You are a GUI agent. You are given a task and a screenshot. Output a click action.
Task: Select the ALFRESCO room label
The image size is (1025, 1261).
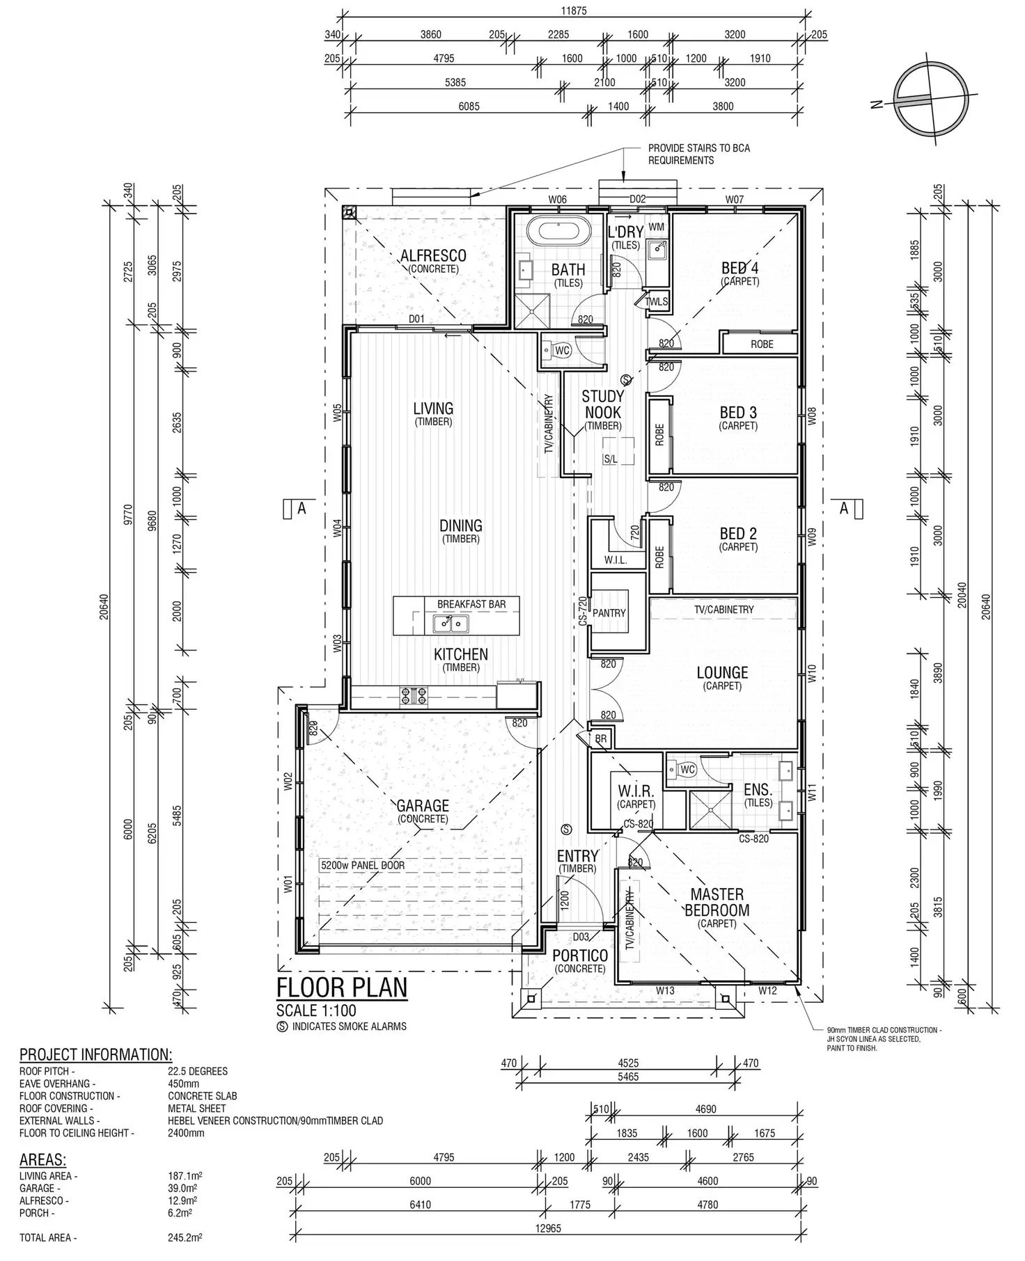tap(433, 256)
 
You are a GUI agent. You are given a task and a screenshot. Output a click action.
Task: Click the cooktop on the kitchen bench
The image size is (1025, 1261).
tap(414, 696)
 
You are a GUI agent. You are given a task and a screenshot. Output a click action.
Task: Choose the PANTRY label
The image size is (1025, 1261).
tap(609, 613)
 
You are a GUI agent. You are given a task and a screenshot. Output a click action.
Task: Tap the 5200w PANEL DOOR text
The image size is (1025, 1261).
tap(362, 866)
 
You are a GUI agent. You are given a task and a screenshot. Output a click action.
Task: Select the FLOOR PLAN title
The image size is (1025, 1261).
tap(341, 988)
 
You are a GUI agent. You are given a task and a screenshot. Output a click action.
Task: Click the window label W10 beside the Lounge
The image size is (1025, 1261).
tap(811, 673)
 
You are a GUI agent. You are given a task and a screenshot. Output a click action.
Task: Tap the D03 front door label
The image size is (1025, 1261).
tap(581, 937)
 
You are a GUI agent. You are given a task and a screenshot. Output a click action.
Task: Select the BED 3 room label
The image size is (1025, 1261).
tap(738, 413)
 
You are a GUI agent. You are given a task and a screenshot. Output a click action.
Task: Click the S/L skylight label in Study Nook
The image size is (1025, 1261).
tap(610, 459)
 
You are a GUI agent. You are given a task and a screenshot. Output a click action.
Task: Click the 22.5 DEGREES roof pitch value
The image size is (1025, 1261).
tap(198, 1071)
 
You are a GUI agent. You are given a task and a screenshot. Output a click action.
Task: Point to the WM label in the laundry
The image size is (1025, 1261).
tap(656, 228)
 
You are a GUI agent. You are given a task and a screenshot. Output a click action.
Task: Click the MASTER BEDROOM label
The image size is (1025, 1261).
tap(717, 902)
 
